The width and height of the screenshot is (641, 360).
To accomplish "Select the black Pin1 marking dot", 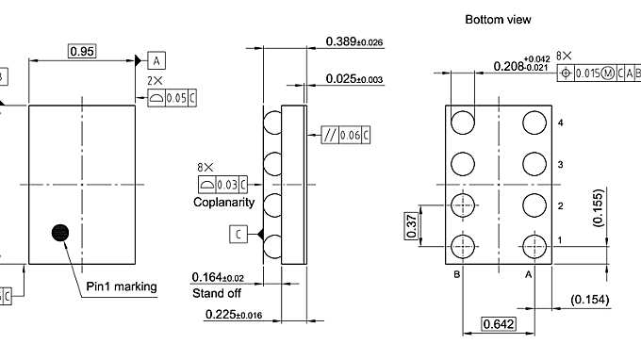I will pos(61,232).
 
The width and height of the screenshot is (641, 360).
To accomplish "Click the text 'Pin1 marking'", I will pos(122,286).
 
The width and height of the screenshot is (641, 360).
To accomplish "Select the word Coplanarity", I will pos(223,202).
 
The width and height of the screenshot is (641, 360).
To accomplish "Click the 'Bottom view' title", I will pos(498,19).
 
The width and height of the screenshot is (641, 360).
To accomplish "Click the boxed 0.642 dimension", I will pos(498,324).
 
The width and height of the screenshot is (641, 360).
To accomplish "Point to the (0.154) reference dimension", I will pos(590,300).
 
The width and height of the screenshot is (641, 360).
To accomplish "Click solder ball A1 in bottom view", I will pos(535,245).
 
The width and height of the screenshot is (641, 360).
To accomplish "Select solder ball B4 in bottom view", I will pos(463,123).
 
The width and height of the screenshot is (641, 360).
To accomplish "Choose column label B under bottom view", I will pos(457,274).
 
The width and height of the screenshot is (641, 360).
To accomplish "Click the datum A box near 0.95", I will pos(156,59).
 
